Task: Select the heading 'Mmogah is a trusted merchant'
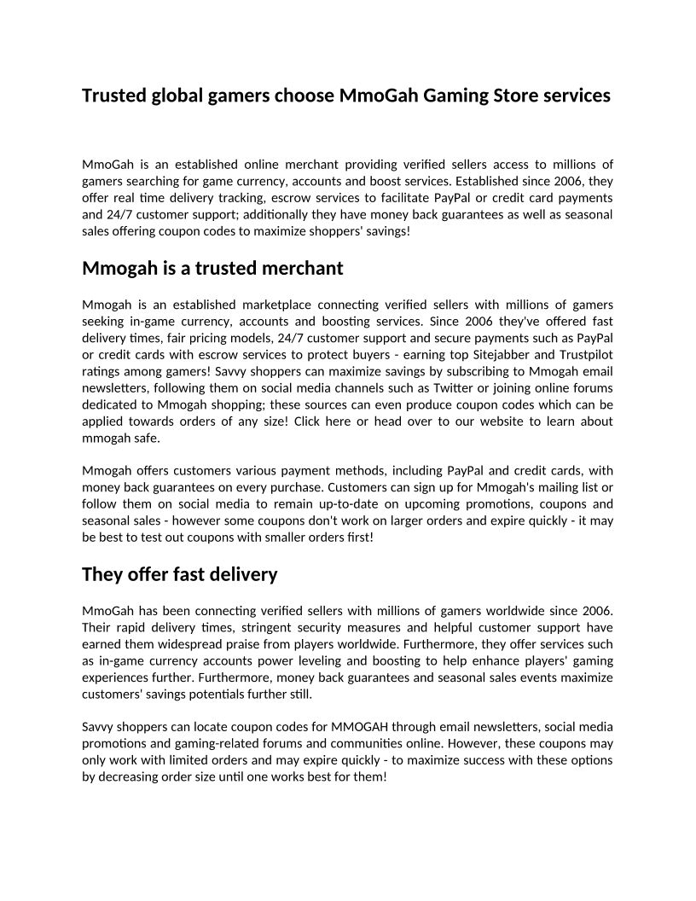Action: tap(212, 268)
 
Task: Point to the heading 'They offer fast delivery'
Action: tap(180, 574)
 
